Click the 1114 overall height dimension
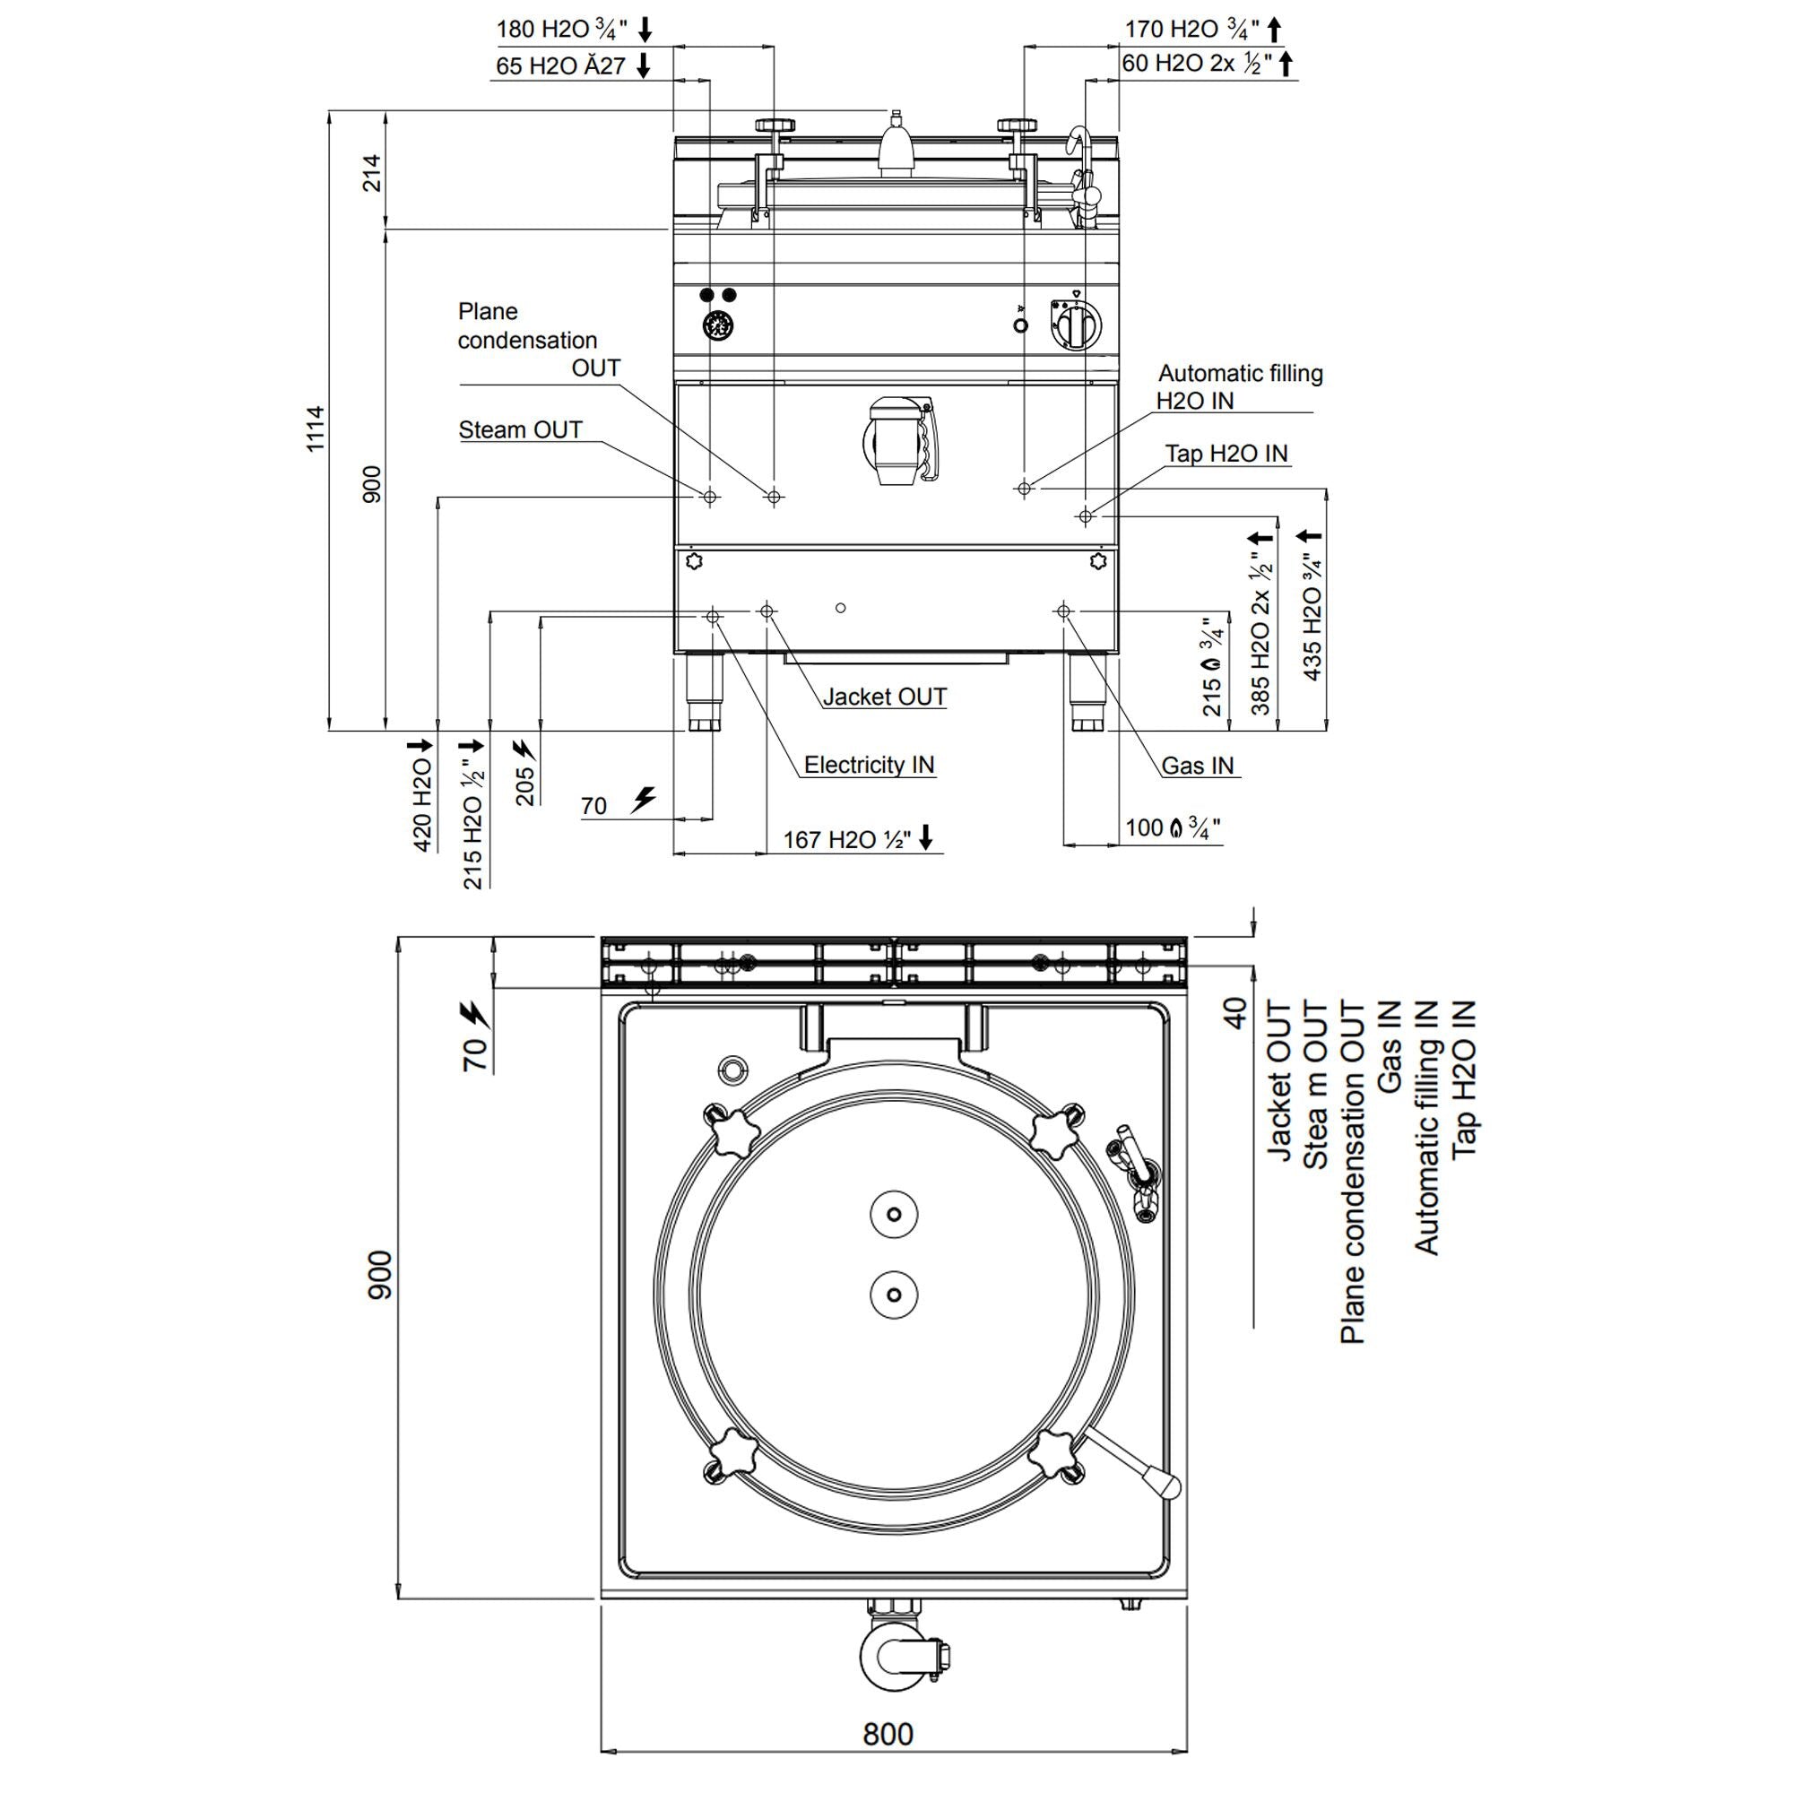[316, 428]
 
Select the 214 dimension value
[371, 173]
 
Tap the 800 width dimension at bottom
[888, 1734]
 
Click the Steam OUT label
[520, 429]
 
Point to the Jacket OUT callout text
[885, 697]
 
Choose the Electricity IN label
[869, 765]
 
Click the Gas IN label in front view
[1197, 766]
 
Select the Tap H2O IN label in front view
[1226, 453]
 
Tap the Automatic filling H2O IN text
[1239, 387]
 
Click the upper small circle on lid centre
[894, 1214]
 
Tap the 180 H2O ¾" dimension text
[562, 29]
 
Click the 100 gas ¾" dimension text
[1172, 827]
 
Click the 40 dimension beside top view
[1235, 1012]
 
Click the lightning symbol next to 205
[524, 748]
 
